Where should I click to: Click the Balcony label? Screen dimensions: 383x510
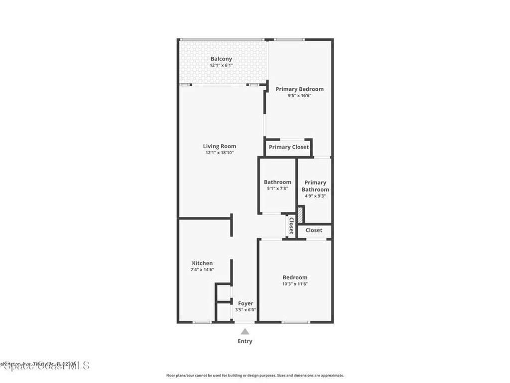coord(221,59)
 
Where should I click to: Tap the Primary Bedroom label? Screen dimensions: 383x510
coord(299,89)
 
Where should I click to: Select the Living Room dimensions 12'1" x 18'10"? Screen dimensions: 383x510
coord(219,153)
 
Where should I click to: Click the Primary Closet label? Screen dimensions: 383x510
coord(288,147)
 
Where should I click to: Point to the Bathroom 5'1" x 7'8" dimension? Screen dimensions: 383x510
coord(277,189)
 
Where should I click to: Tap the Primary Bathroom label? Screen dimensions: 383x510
coord(315,186)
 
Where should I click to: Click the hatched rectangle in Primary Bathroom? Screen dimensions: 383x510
coord(300,215)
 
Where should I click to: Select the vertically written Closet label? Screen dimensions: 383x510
coord(290,225)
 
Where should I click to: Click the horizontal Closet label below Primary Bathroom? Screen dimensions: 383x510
coord(314,230)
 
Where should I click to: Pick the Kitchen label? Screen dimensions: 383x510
coord(202,263)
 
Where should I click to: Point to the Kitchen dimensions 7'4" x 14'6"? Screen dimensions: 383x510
coord(202,270)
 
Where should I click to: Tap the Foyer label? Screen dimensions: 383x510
coord(246,303)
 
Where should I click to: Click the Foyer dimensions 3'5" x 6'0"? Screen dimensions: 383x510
coord(246,310)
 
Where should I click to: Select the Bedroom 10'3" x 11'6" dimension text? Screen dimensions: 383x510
coord(295,284)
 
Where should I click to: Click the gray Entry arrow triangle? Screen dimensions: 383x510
coord(245,331)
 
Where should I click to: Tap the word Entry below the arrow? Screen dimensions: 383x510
coord(245,341)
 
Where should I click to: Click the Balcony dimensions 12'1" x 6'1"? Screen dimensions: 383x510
coord(221,65)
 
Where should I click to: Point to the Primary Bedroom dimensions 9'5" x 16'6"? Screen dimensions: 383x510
coord(299,96)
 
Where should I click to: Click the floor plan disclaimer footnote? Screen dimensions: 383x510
coord(255,376)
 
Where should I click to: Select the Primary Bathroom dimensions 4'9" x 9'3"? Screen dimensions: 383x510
coord(315,196)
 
